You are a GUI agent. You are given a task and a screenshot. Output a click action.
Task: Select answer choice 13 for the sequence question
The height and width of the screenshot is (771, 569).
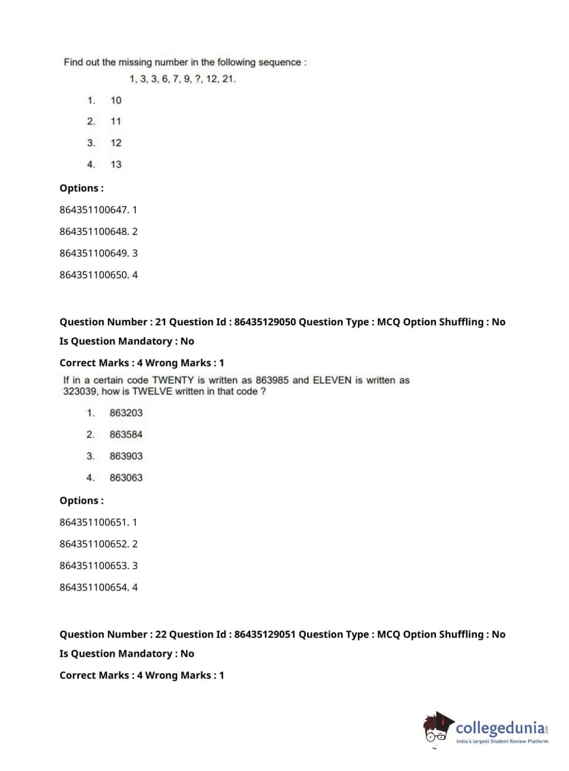point(116,164)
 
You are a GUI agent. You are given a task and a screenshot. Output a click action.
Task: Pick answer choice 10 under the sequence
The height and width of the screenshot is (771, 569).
point(116,101)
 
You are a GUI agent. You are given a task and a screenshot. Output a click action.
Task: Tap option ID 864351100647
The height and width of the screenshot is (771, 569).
point(94,210)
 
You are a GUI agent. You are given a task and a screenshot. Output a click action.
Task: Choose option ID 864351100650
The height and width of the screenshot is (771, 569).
point(94,275)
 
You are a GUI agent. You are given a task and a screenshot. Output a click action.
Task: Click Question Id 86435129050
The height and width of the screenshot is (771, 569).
point(265,322)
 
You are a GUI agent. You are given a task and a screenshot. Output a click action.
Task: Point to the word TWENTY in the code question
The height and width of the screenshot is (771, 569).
point(173,380)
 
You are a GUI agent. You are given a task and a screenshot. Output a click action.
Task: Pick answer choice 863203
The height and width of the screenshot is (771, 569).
point(126,413)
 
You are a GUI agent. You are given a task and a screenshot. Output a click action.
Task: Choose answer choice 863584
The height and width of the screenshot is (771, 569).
point(126,434)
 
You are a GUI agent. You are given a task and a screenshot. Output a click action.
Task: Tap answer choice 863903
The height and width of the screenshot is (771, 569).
point(126,456)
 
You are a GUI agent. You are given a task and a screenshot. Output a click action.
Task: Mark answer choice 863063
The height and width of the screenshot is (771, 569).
point(126,478)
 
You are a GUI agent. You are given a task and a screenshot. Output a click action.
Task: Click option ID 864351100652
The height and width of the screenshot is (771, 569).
point(94,544)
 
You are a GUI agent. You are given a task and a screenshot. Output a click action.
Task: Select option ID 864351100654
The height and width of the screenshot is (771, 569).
point(94,587)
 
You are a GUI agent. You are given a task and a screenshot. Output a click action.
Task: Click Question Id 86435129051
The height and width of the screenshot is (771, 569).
point(265,634)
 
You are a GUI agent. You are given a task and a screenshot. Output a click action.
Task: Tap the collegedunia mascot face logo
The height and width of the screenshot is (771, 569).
point(437,728)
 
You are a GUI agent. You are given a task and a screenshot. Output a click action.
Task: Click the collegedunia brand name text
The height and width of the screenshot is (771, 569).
point(500,728)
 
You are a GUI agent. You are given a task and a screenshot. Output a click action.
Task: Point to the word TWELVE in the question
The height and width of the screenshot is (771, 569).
point(152,391)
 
